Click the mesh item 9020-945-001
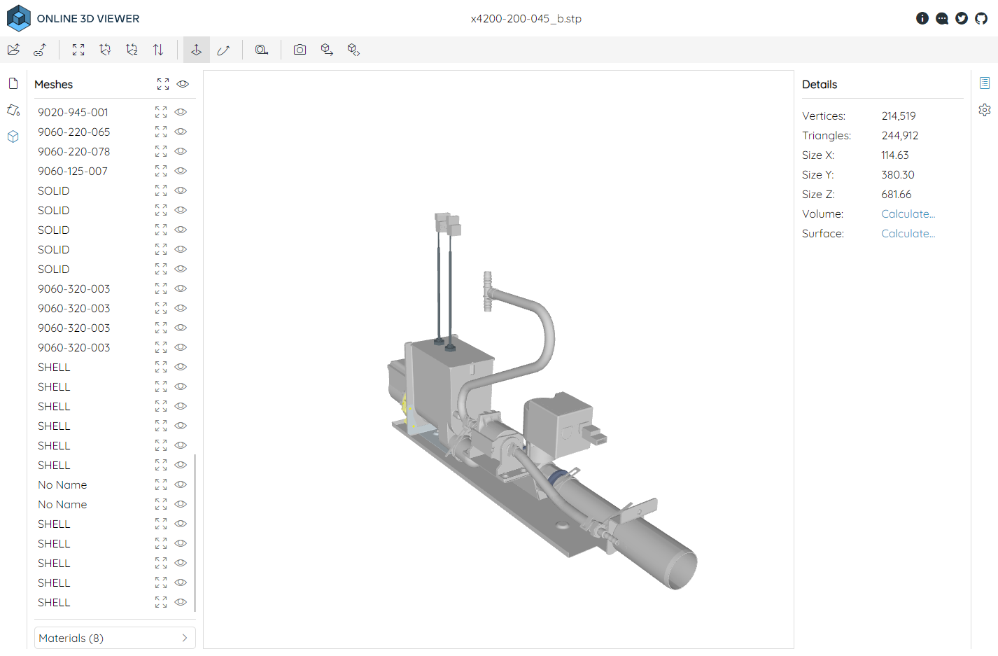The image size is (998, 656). pos(73,112)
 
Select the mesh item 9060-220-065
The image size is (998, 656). pos(73,132)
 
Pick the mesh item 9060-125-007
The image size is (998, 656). pos(73,171)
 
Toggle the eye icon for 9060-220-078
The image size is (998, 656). pos(181,151)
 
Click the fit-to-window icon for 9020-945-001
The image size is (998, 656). pos(161,112)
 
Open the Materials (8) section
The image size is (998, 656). pos(114,638)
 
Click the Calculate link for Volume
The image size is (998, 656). pos(908,214)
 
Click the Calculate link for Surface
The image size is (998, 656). pos(908,234)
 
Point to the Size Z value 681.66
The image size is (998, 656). pos(896,195)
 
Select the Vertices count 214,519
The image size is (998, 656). pos(898,116)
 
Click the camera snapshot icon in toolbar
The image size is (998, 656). pos(300,50)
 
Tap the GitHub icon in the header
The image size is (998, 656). pos(981,18)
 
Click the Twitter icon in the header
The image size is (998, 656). pos(962,18)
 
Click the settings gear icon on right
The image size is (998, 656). pos(985,110)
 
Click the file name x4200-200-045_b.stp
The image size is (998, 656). pos(526,19)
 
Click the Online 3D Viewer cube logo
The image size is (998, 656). pos(19,18)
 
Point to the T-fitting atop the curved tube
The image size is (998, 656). pos(488,291)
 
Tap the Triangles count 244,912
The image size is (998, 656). pos(899,136)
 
